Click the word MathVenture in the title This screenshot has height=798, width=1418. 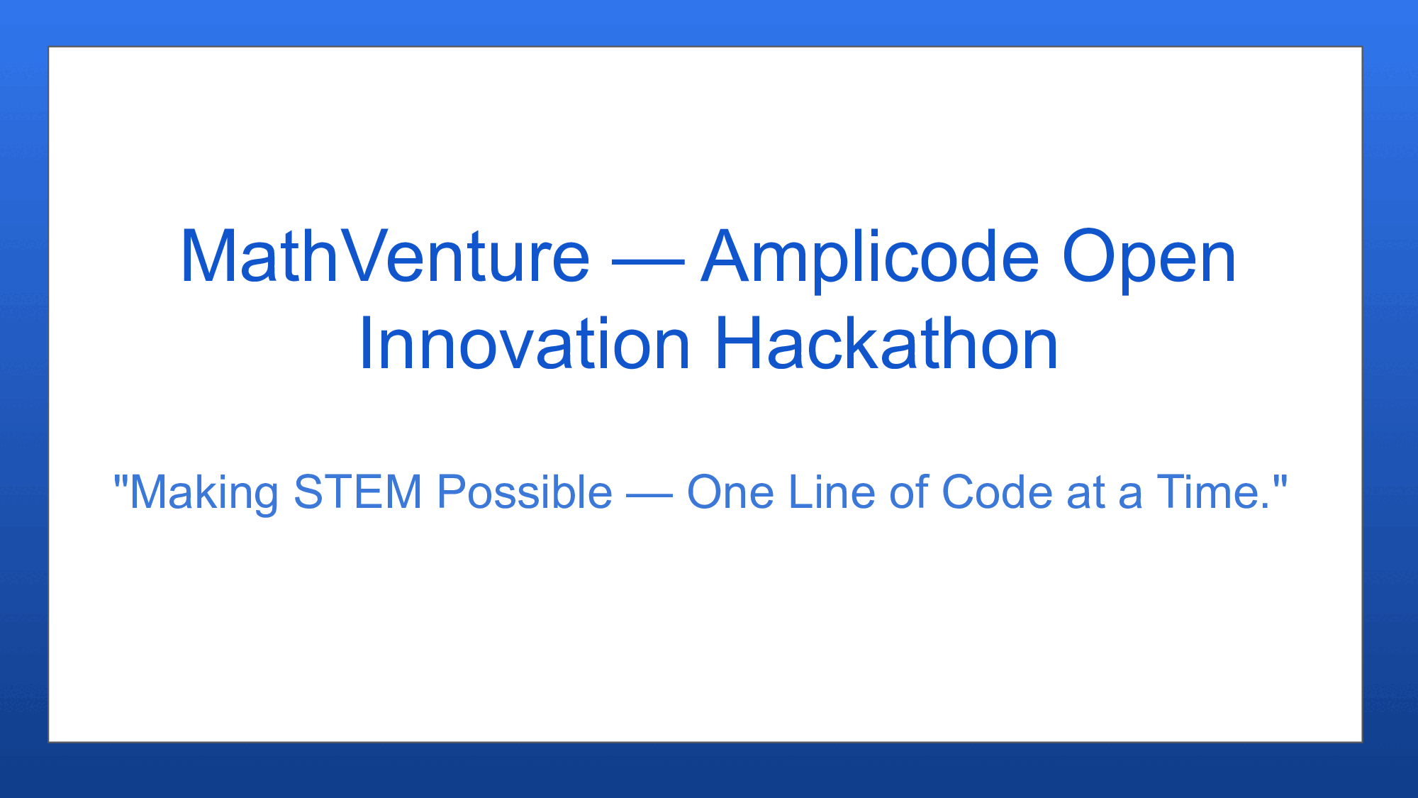pyautogui.click(x=385, y=256)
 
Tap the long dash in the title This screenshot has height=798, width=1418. pyautogui.click(x=648, y=262)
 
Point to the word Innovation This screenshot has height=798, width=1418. pyautogui.click(x=525, y=344)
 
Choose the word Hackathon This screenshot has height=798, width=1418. pyautogui.click(x=887, y=343)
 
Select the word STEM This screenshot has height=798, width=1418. pyautogui.click(x=358, y=492)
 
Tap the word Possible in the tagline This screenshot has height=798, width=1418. pyautogui.click(x=525, y=492)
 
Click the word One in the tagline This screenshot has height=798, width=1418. pyautogui.click(x=730, y=492)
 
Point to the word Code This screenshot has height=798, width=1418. pyautogui.click(x=997, y=491)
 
